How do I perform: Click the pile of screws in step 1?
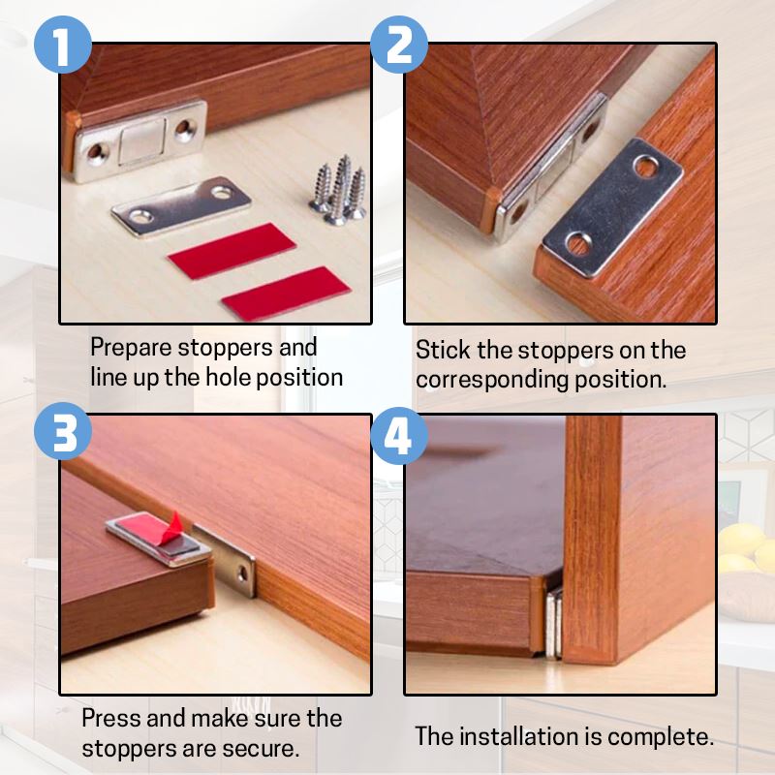point(338,190)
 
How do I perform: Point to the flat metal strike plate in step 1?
point(180,204)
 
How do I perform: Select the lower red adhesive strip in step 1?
point(285,292)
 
